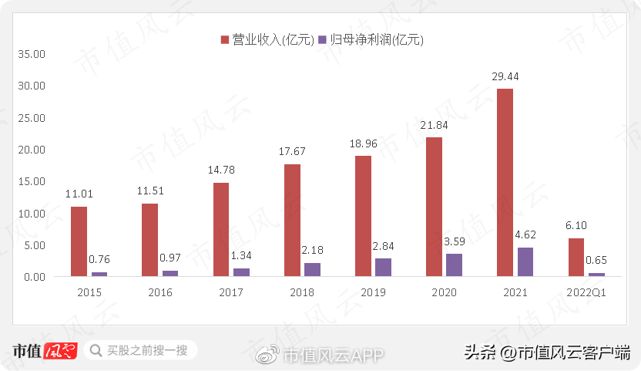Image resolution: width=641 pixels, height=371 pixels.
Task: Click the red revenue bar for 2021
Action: tap(505, 182)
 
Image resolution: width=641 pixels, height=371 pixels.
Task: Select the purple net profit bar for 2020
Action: tap(454, 265)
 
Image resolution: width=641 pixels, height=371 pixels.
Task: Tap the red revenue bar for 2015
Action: tap(79, 241)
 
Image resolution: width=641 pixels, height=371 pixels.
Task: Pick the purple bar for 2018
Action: tap(312, 269)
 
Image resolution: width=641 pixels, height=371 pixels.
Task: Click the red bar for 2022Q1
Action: tap(576, 257)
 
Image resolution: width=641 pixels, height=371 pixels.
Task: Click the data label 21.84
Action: tap(434, 125)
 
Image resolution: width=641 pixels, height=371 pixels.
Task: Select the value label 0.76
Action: tap(99, 259)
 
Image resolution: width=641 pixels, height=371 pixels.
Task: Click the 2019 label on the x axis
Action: tap(373, 293)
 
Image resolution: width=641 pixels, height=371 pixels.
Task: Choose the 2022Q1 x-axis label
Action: tap(586, 293)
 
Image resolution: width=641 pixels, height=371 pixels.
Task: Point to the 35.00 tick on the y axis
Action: tap(32, 55)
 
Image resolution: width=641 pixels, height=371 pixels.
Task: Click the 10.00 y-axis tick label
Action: tap(32, 213)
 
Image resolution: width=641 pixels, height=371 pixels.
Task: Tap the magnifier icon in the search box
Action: tap(96, 351)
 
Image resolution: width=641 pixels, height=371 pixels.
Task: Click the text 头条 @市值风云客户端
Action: tap(546, 352)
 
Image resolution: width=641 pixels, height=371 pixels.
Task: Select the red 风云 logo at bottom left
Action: tap(61, 351)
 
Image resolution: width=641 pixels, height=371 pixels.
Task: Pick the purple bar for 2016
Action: tap(170, 273)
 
